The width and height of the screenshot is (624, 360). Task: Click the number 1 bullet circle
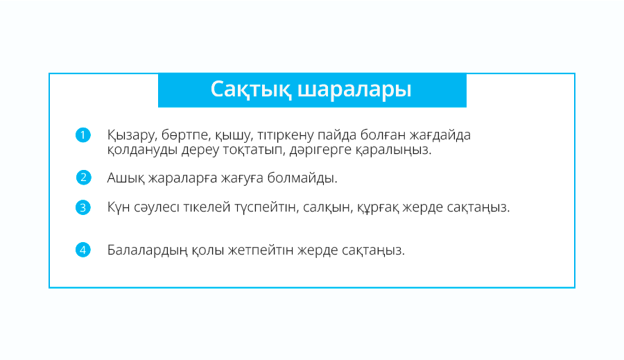pos(83,135)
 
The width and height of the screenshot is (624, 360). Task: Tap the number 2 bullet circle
pos(84,178)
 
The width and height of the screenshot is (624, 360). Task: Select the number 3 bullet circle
pos(83,207)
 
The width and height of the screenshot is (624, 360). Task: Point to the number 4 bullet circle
pos(83,250)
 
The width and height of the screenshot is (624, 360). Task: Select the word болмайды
pos(302,178)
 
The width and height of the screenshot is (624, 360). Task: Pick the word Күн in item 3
pos(119,207)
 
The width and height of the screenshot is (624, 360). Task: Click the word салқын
pos(328,208)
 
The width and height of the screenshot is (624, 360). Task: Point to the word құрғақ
pos(378,208)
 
